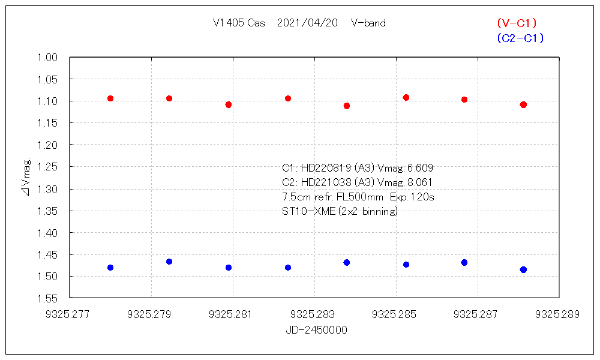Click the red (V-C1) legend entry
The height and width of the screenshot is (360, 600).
(x=517, y=23)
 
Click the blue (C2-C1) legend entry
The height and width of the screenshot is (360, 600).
(x=520, y=38)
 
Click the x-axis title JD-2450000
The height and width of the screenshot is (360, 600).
(x=316, y=330)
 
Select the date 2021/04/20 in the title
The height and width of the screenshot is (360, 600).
(x=307, y=23)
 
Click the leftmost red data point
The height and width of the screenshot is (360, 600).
(x=110, y=98)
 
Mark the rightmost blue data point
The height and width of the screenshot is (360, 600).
(x=523, y=270)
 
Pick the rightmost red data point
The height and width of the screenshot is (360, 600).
(x=523, y=105)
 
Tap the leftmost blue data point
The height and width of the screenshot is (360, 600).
(x=110, y=268)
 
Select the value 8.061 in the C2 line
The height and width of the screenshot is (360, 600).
(x=419, y=182)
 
